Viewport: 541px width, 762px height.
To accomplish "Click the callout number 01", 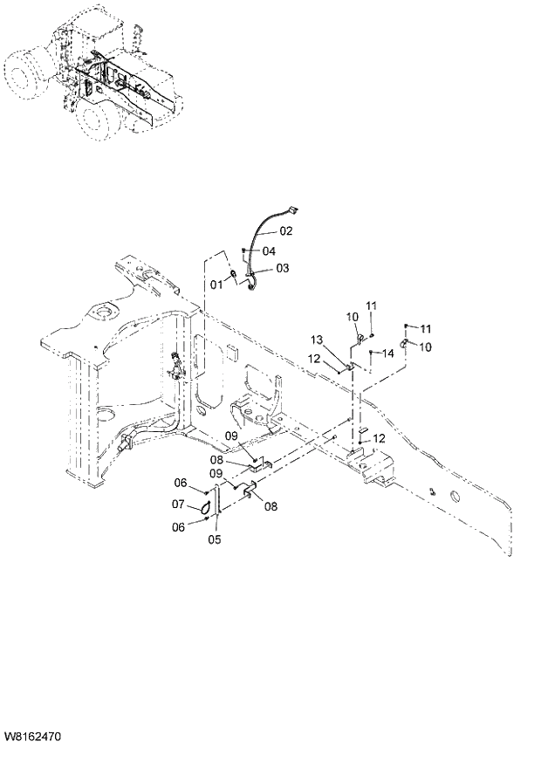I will pyautogui.click(x=216, y=284).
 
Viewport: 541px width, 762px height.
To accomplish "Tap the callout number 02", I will pyautogui.click(x=286, y=231).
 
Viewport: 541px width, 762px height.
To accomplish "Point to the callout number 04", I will pyautogui.click(x=269, y=251).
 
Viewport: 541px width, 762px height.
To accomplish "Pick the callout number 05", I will pyautogui.click(x=215, y=539).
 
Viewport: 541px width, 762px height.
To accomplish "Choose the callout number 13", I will pyautogui.click(x=316, y=340).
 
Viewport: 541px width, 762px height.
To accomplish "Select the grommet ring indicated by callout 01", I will pyautogui.click(x=234, y=278).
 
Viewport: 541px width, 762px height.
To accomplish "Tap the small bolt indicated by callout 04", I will pyautogui.click(x=245, y=251).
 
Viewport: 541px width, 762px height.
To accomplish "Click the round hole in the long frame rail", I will pyautogui.click(x=455, y=497).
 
